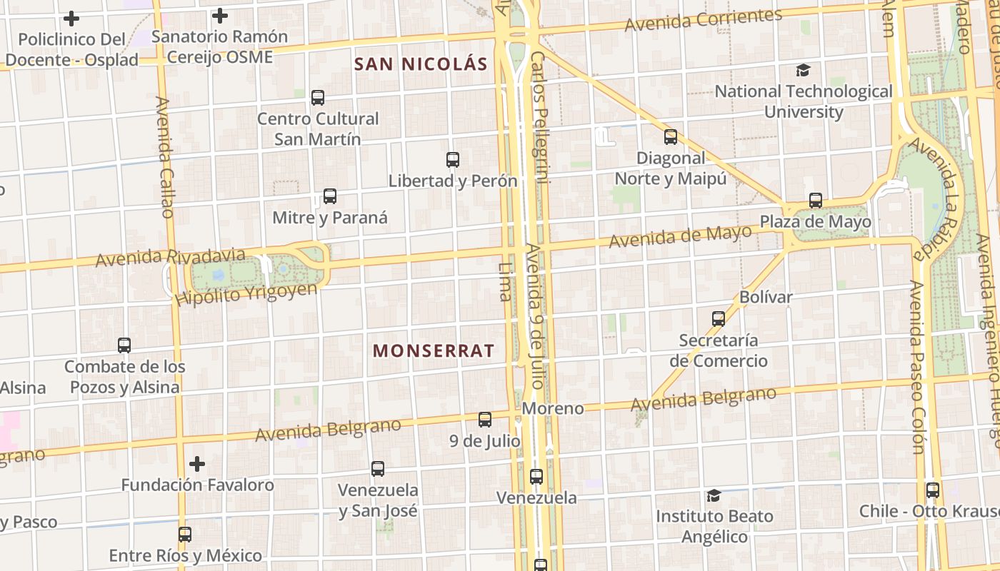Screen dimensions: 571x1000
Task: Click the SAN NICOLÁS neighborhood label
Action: pyautogui.click(x=421, y=64)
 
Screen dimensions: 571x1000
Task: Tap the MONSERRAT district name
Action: pyautogui.click(x=434, y=350)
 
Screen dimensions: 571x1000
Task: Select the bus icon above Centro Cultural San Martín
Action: pyautogui.click(x=318, y=98)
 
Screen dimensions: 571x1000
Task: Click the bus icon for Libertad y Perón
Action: pyautogui.click(x=453, y=160)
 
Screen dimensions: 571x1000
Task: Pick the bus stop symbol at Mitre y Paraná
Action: pyautogui.click(x=329, y=196)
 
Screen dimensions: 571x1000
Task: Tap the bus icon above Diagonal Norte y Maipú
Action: pyautogui.click(x=671, y=137)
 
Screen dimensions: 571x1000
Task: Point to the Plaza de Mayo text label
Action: pyautogui.click(x=815, y=222)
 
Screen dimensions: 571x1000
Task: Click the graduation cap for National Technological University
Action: pyautogui.click(x=804, y=70)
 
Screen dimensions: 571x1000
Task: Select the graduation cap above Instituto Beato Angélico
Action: pyautogui.click(x=714, y=495)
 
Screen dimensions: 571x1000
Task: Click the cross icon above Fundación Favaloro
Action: pyautogui.click(x=197, y=464)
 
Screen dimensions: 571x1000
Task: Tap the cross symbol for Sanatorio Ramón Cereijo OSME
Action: pyautogui.click(x=220, y=15)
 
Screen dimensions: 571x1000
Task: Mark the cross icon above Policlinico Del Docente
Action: pyautogui.click(x=71, y=19)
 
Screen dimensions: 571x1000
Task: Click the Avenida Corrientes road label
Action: pyautogui.click(x=703, y=20)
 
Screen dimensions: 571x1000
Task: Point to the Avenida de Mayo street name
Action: pyautogui.click(x=680, y=236)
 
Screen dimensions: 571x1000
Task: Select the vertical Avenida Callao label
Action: pyautogui.click(x=164, y=157)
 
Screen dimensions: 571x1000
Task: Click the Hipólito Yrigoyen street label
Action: pyautogui.click(x=246, y=293)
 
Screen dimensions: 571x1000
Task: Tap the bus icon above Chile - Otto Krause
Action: pyautogui.click(x=933, y=490)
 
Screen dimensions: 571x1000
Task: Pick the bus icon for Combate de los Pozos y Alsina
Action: pyautogui.click(x=124, y=345)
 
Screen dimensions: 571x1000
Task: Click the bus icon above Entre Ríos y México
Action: pyautogui.click(x=185, y=534)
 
